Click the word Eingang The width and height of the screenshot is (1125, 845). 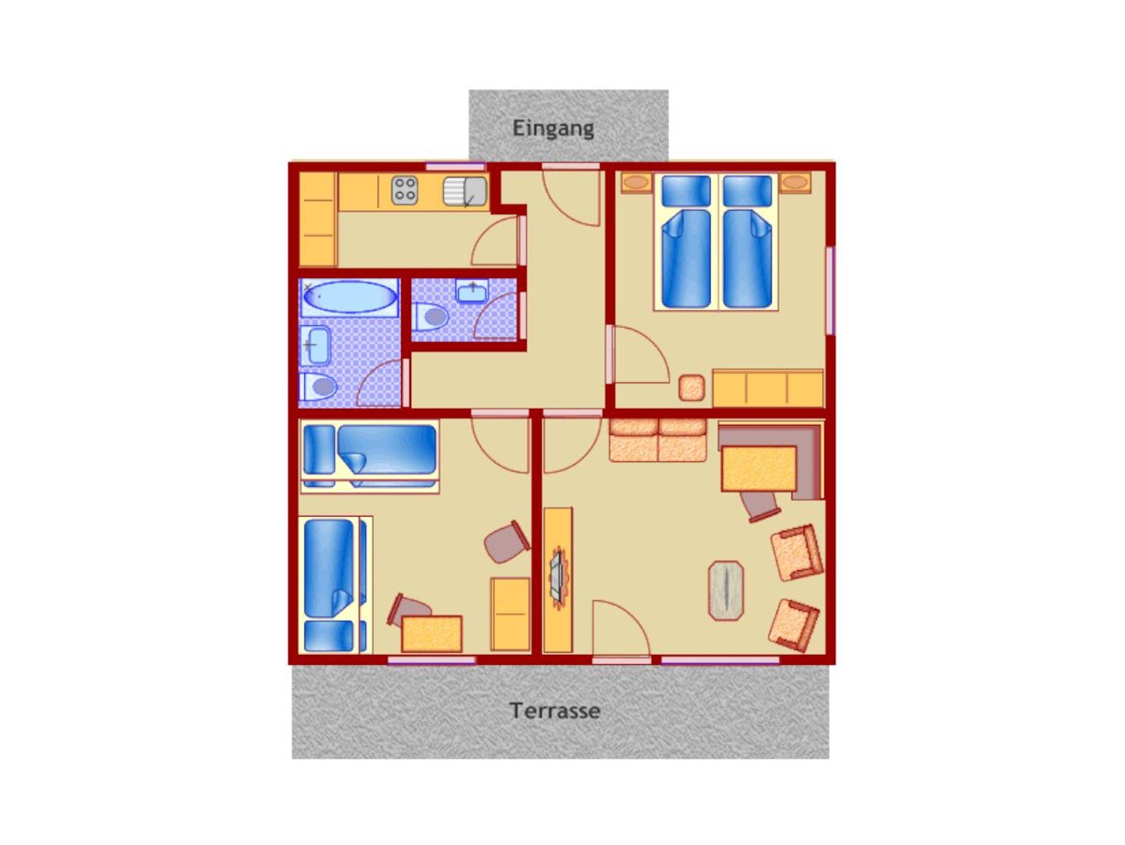[x=553, y=129]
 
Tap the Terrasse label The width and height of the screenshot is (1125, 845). [x=555, y=710]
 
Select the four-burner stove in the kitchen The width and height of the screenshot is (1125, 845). [x=405, y=190]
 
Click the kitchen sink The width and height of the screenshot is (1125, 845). [x=465, y=191]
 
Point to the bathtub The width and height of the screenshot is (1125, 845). [x=350, y=297]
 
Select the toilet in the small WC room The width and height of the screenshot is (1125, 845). [x=431, y=316]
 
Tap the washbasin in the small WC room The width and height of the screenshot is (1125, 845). [x=472, y=291]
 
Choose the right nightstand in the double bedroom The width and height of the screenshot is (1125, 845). [x=795, y=182]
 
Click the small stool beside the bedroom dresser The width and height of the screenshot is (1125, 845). [x=692, y=388]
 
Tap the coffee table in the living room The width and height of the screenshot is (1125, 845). [x=726, y=591]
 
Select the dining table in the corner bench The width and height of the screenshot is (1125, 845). [x=759, y=468]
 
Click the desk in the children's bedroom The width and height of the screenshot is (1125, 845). [x=432, y=633]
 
